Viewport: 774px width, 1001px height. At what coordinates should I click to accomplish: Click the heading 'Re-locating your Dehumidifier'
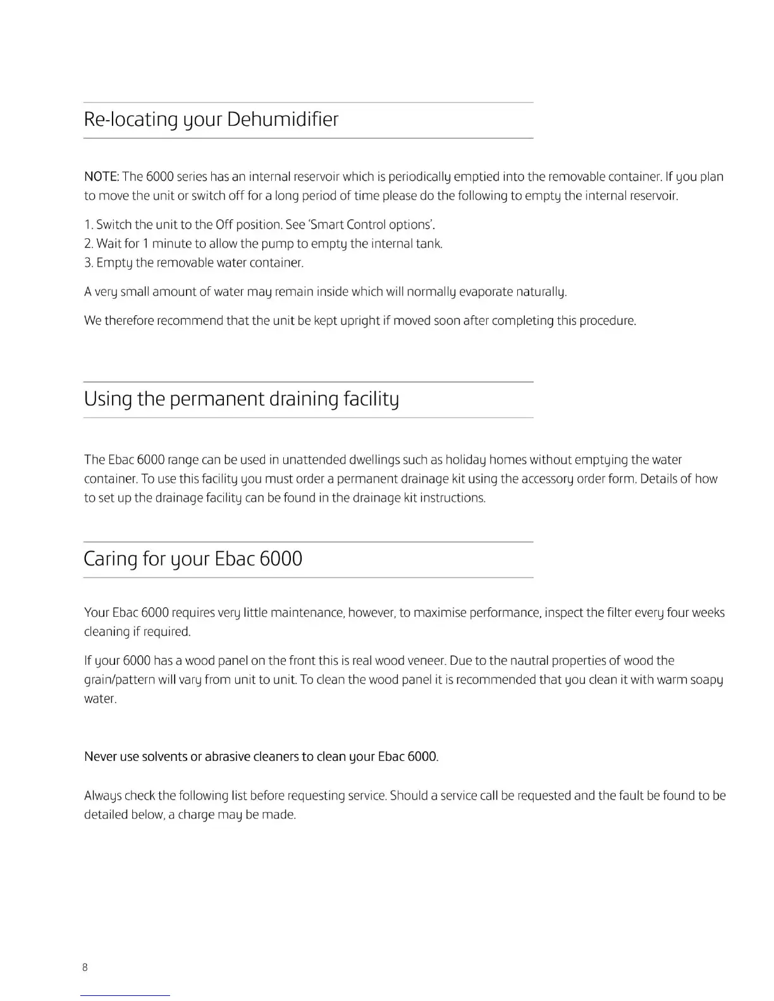pyautogui.click(x=211, y=119)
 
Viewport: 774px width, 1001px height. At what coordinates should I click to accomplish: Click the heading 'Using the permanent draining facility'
pyautogui.click(x=241, y=399)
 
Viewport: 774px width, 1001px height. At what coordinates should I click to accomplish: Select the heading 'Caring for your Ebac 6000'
pyautogui.click(x=193, y=559)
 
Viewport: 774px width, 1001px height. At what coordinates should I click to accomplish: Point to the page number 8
pyautogui.click(x=85, y=968)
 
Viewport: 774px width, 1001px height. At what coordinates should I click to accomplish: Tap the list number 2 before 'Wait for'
pyautogui.click(x=88, y=243)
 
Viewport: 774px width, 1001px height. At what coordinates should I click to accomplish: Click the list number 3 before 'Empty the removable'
pyautogui.click(x=88, y=262)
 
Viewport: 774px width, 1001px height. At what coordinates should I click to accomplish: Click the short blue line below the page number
pyautogui.click(x=125, y=995)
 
